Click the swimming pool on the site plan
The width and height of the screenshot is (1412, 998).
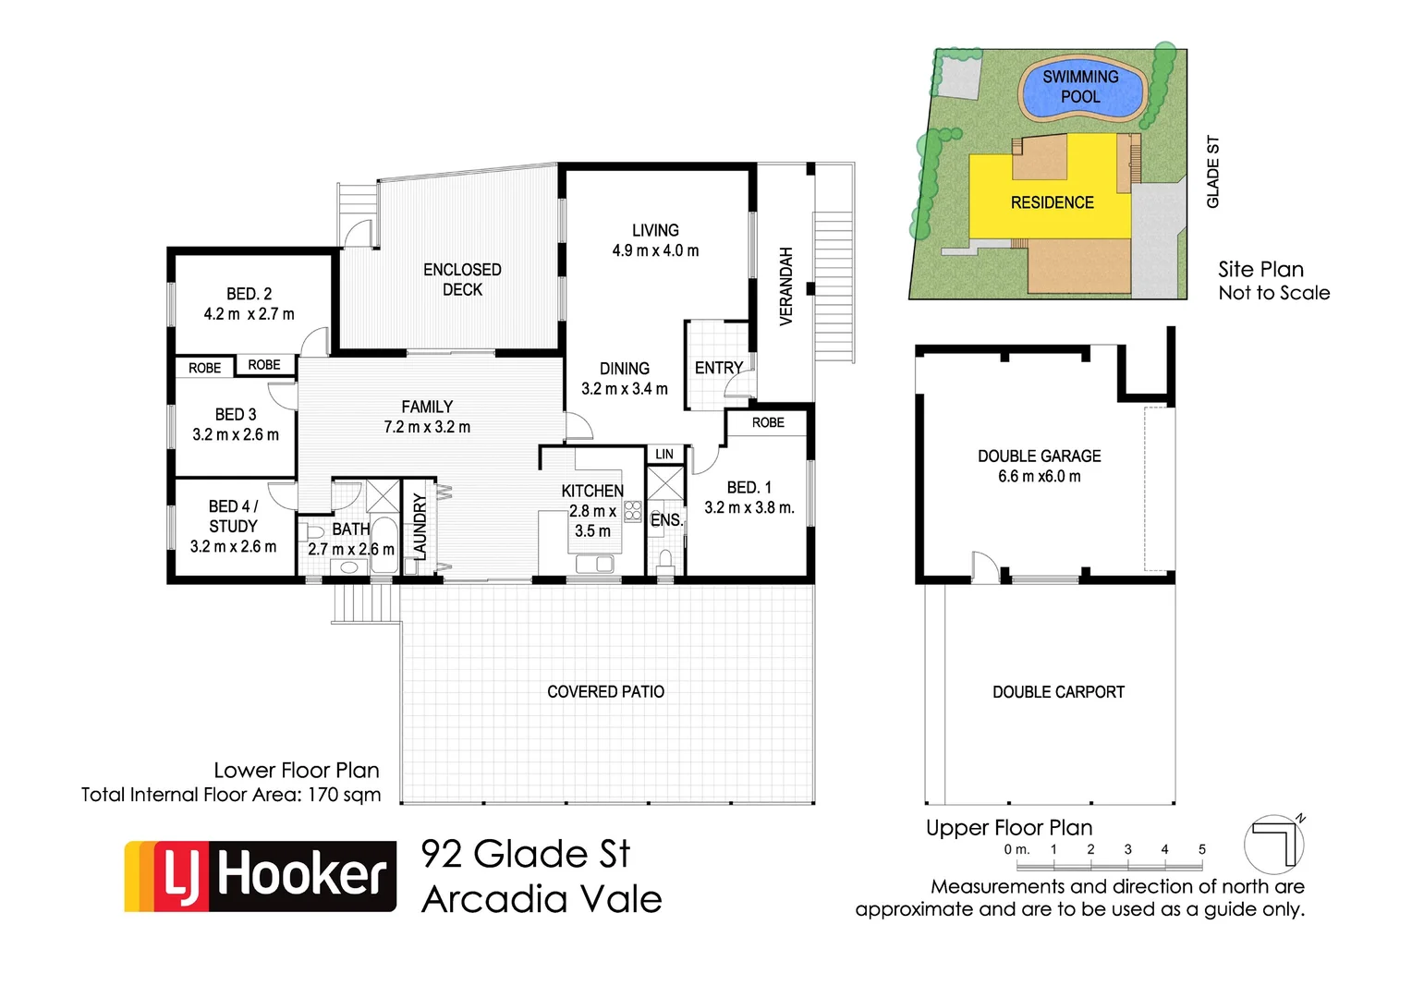click(1081, 88)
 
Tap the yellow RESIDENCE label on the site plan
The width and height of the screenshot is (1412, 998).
click(1052, 202)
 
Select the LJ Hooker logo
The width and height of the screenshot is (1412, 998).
click(261, 876)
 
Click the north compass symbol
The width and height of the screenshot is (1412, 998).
click(1274, 844)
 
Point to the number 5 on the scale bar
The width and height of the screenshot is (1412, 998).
click(1201, 849)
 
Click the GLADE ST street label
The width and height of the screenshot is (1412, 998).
click(1213, 172)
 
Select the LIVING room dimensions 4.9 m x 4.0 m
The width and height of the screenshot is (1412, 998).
click(655, 250)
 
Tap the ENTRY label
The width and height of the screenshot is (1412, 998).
click(718, 368)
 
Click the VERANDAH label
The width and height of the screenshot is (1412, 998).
click(786, 286)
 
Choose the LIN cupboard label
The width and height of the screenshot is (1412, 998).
click(664, 454)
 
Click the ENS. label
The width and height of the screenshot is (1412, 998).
click(666, 520)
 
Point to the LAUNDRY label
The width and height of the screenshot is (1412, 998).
click(420, 527)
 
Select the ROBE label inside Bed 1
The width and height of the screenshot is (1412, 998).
click(767, 422)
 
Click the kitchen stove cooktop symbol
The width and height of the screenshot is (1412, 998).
click(633, 511)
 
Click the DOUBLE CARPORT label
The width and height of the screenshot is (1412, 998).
click(1058, 692)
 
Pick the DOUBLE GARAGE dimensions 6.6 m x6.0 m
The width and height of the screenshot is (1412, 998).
click(1039, 477)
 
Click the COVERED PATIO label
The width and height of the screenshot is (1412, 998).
click(605, 692)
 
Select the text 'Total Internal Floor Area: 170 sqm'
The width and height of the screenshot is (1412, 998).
click(231, 795)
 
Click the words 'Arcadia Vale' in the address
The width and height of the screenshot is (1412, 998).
click(542, 899)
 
